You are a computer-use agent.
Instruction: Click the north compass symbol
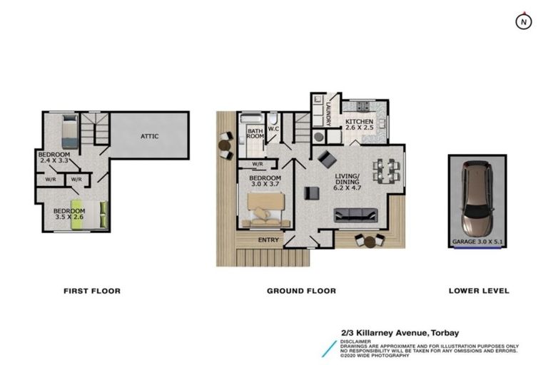point(524,21)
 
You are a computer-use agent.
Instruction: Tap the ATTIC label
point(149,136)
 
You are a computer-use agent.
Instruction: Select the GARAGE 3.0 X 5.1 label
point(478,242)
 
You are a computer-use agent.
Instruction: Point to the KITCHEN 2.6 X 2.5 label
point(359,126)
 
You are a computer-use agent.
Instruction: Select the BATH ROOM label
point(255,134)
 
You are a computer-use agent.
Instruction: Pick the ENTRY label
point(268,240)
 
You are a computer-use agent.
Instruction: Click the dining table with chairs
point(386,170)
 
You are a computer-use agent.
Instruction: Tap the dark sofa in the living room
point(356,214)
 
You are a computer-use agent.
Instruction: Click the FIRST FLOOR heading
point(91,291)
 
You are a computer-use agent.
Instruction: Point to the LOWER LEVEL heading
point(478,291)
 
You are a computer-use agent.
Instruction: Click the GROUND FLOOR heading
point(301,291)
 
